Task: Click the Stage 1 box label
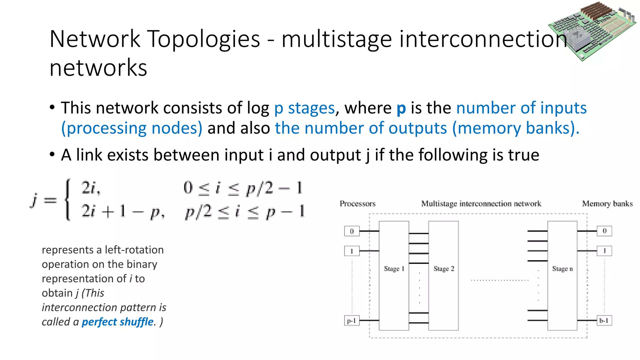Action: (x=394, y=269)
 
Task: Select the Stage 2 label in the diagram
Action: (x=444, y=269)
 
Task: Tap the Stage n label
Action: (x=562, y=269)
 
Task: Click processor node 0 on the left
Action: (x=352, y=231)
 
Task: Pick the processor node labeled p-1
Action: (x=352, y=321)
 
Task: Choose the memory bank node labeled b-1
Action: (x=604, y=321)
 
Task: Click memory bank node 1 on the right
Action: (x=604, y=251)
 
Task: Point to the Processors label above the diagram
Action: (x=357, y=204)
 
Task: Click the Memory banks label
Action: (x=607, y=204)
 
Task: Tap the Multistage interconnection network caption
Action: (x=481, y=204)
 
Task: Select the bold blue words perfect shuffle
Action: (x=117, y=322)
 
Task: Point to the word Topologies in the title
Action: (x=203, y=39)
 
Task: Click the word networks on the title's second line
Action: (x=98, y=68)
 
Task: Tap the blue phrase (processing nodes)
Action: (x=132, y=128)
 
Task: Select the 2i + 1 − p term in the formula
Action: (x=123, y=212)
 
